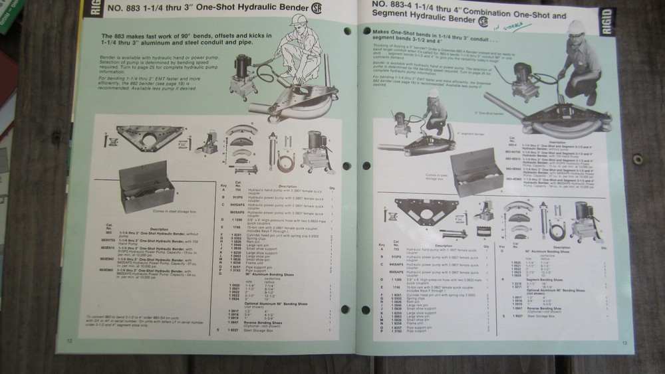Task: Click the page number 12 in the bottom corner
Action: click(69, 341)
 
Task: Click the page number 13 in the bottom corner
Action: click(624, 343)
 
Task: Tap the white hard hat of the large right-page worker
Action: click(576, 27)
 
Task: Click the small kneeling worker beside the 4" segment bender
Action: click(436, 110)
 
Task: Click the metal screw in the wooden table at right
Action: click(638, 159)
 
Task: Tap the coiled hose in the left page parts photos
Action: click(287, 159)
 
